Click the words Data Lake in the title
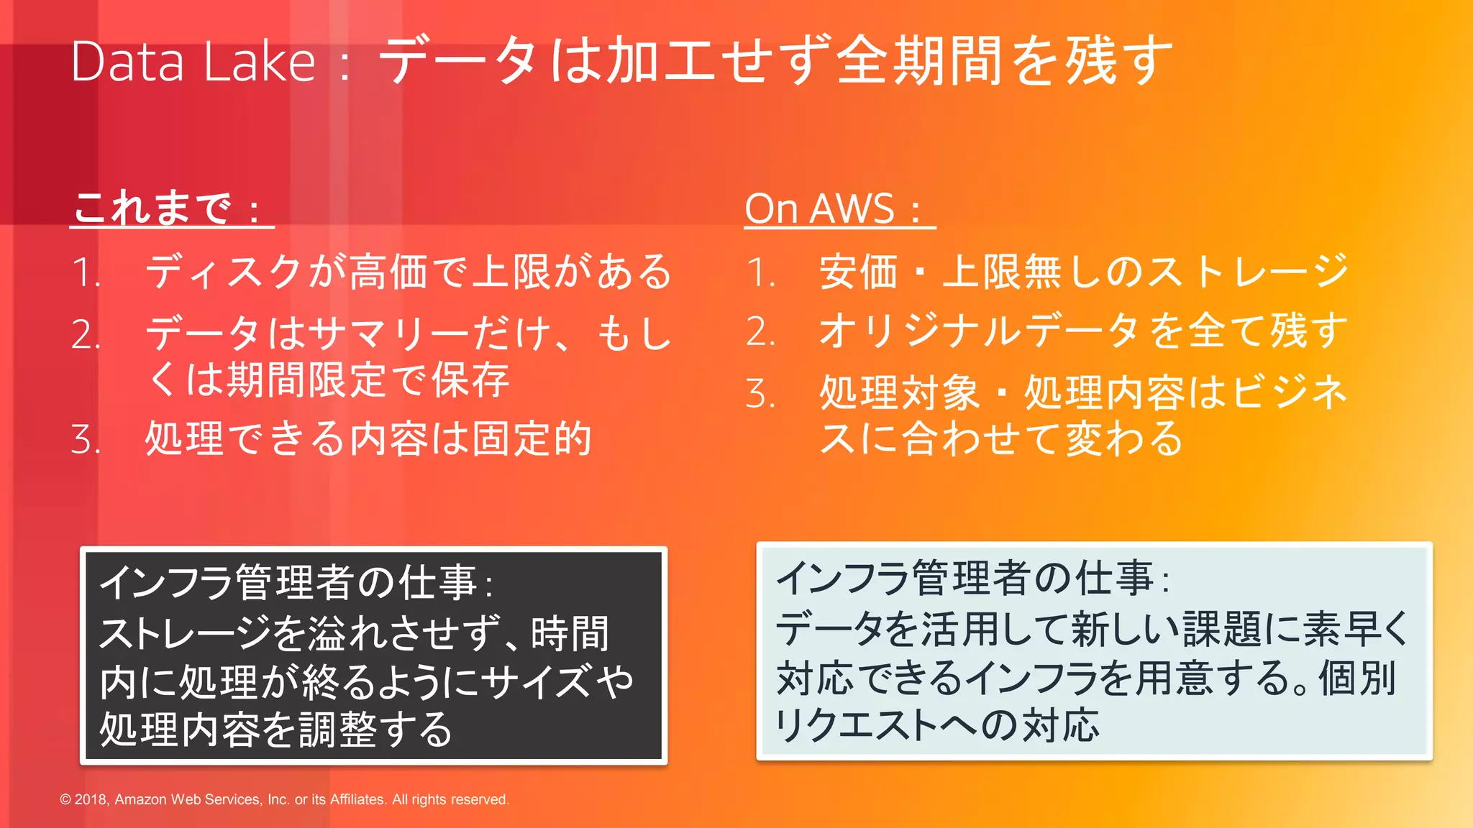(193, 62)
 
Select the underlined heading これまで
(153, 209)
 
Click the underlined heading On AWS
(820, 209)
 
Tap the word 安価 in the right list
(859, 272)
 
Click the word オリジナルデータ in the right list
(978, 331)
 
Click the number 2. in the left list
(86, 335)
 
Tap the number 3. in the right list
(760, 394)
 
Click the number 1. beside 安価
(760, 273)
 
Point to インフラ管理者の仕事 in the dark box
(288, 582)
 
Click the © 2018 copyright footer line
(284, 799)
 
